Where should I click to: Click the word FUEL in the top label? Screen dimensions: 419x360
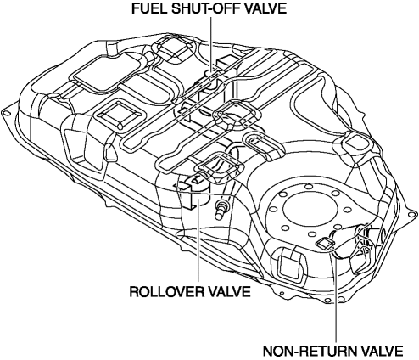[148, 8]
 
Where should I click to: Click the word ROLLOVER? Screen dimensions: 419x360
[167, 291]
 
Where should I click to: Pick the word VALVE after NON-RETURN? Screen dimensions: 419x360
[382, 352]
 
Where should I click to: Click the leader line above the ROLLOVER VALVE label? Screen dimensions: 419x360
[198, 240]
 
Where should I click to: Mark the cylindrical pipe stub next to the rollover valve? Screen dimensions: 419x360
[221, 210]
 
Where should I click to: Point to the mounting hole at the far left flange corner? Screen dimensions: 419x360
[6, 113]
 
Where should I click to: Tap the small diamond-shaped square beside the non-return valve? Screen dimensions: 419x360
[324, 244]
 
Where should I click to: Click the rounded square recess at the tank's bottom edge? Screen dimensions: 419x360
[292, 266]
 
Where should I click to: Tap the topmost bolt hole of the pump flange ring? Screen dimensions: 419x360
[308, 186]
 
